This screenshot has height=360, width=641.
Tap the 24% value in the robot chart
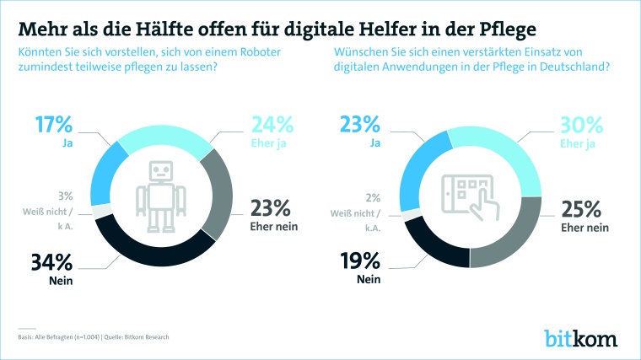coord(272,125)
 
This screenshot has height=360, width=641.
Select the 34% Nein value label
coord(51,262)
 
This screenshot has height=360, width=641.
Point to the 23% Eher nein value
coord(272,207)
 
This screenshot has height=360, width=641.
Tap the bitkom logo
coord(583,338)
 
